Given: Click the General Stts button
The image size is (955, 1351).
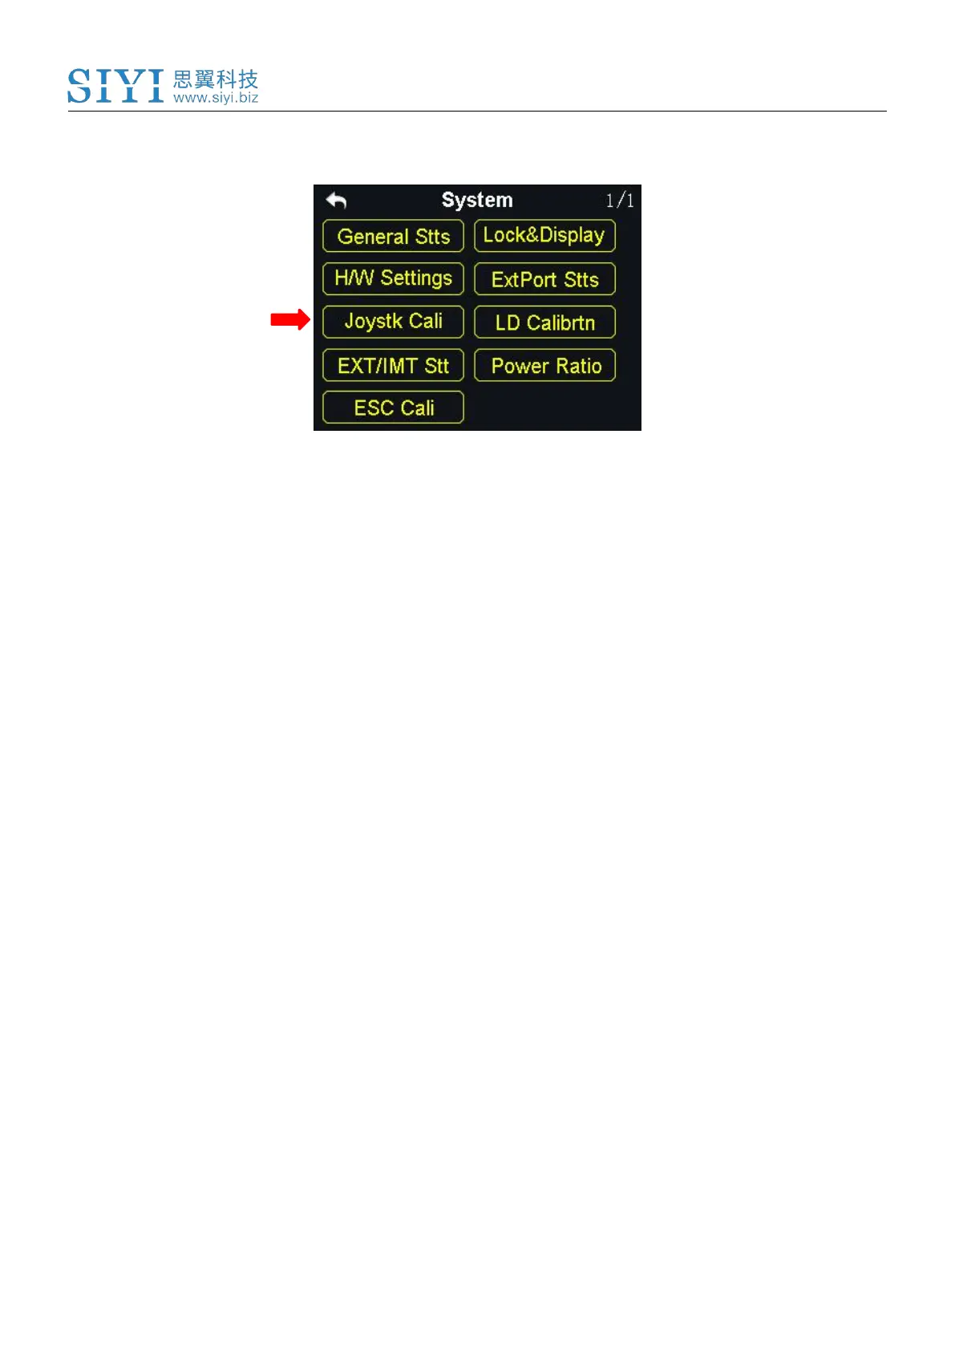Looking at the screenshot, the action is point(393,237).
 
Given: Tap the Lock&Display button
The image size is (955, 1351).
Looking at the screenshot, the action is point(544,236).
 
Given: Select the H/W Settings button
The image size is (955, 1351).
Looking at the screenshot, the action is point(393,278).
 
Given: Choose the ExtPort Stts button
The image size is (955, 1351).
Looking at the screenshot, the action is point(544,279).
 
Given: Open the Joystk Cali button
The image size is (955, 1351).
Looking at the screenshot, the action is point(393,322).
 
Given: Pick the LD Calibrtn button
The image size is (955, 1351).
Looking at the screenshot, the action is point(544,323).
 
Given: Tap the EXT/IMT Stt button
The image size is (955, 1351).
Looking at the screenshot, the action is point(393,366).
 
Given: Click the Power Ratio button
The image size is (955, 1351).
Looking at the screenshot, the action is point(544,366).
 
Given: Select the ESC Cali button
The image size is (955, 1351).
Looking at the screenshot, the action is point(393,408).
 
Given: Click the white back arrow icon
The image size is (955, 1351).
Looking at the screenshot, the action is point(336,200).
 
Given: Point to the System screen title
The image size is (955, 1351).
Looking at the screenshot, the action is point(477,200).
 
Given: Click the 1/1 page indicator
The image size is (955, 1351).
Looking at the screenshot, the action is point(619,201).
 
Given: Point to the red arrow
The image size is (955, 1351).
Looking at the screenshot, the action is point(289,319).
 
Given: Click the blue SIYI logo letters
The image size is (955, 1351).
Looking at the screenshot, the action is point(115,86).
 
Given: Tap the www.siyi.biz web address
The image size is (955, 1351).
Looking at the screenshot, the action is point(215,98).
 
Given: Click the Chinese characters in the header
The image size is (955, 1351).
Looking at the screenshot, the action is point(215,79).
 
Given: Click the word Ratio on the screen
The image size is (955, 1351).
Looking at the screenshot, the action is point(578,366).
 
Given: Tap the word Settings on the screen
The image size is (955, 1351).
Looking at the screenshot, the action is point(416,278).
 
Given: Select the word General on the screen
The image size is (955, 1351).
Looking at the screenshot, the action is point(372,237).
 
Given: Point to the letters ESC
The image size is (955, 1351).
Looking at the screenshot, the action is point(373,408).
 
